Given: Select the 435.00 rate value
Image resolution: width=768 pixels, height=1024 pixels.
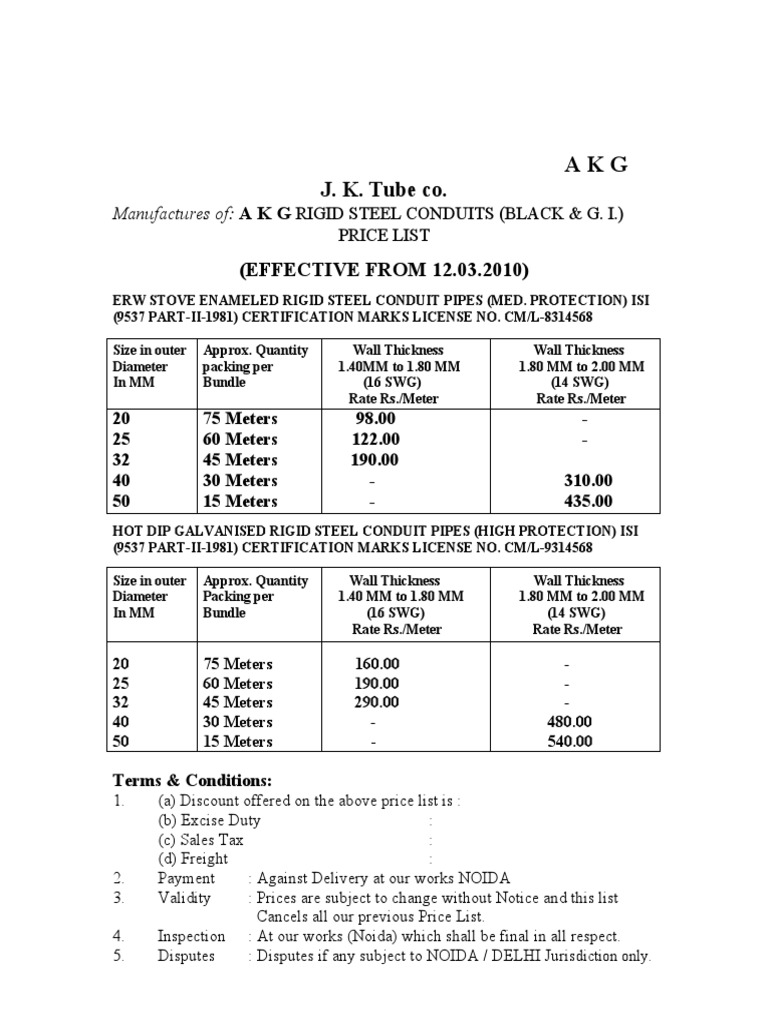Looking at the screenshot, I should pos(588,501).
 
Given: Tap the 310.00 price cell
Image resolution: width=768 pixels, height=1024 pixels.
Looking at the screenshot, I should pos(588,481).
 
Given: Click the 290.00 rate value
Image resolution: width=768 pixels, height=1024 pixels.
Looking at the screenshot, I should pos(377,702).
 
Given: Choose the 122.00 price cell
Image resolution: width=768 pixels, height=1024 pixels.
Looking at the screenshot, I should pos(375,439).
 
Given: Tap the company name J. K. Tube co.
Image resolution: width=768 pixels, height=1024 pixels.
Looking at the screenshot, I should pos(384,190).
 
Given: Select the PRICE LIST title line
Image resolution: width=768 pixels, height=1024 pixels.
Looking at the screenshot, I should pos(384,236).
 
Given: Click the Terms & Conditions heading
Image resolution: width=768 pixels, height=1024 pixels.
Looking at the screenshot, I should pos(192,780).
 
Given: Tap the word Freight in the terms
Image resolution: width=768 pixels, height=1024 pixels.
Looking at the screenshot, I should pos(205,858).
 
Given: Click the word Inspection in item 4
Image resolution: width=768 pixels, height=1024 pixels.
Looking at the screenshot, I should pos(191,936).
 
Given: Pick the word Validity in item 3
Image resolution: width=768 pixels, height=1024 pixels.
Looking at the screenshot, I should pos(184,897).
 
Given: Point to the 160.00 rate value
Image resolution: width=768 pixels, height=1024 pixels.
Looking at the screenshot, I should pos(377,663).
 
